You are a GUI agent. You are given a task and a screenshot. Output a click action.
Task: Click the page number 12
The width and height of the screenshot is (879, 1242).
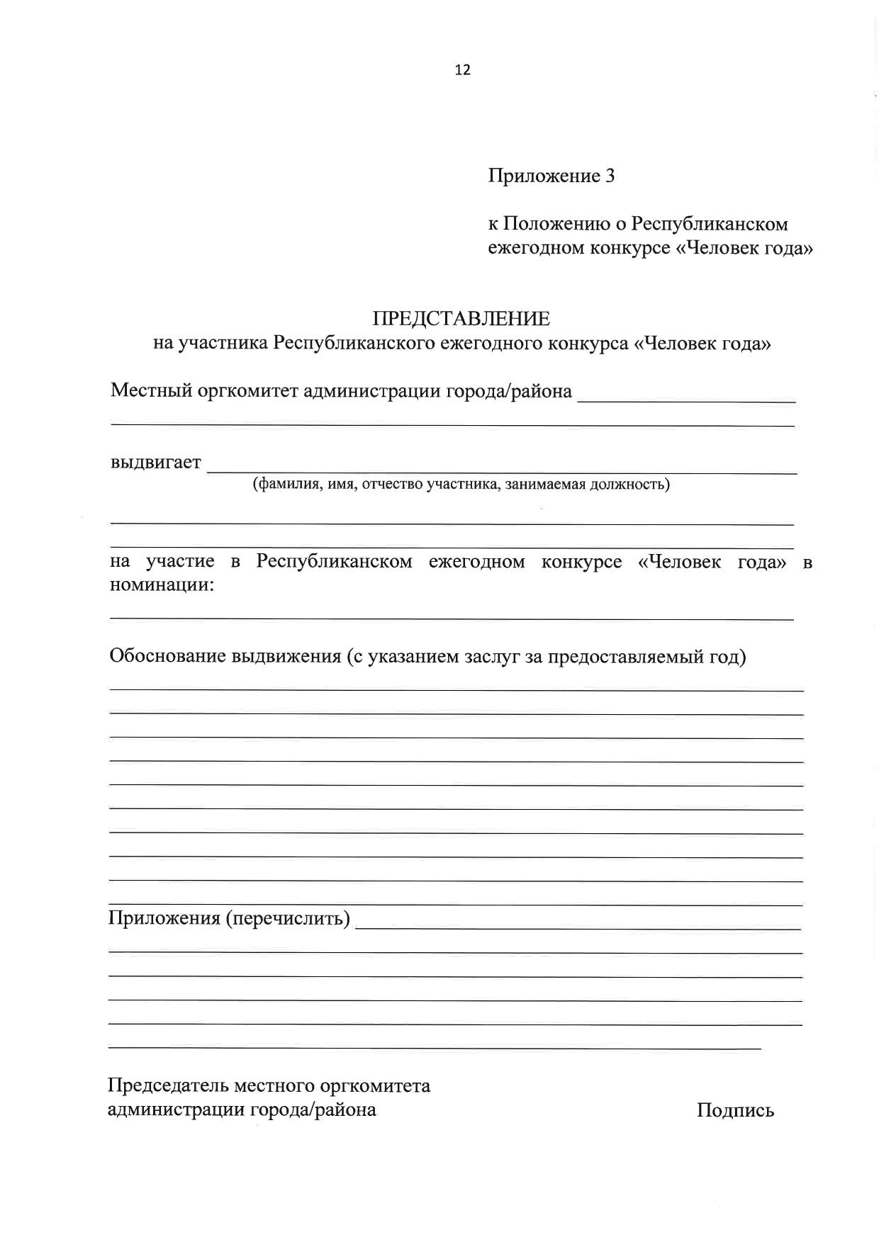click(x=462, y=70)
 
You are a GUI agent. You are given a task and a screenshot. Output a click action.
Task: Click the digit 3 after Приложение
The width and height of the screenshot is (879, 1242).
click(x=610, y=176)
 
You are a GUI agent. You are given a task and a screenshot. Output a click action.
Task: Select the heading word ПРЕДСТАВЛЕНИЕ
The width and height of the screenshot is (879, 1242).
click(x=461, y=319)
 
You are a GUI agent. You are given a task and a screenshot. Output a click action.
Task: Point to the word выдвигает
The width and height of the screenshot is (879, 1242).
click(x=156, y=463)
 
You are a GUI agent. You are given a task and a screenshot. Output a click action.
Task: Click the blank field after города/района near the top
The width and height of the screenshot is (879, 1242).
click(x=686, y=398)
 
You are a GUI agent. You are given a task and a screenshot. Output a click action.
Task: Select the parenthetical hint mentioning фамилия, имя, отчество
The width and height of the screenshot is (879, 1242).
click(x=461, y=485)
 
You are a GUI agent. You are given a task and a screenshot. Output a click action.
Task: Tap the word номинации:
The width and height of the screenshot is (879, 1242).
click(x=162, y=586)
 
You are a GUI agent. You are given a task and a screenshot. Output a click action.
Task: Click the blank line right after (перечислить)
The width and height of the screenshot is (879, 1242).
click(x=577, y=925)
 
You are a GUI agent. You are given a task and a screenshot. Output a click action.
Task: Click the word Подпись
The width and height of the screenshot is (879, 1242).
click(x=735, y=1110)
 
